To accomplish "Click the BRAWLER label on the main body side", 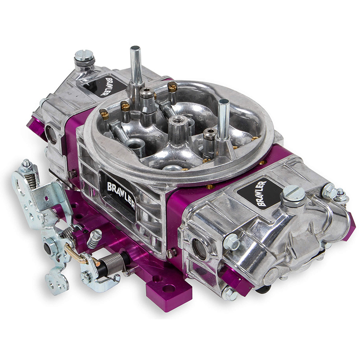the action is (x=121, y=196).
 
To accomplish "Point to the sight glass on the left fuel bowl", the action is (x=51, y=134).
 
